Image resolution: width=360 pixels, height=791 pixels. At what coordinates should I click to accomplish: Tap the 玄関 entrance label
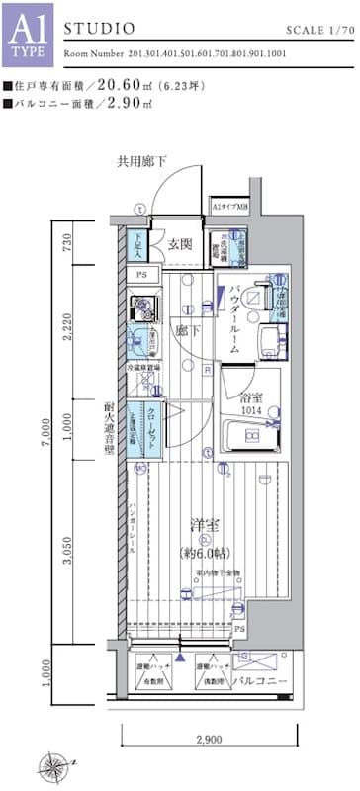[x=179, y=245]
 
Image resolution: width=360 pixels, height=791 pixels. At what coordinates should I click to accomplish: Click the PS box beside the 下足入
[x=142, y=274]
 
